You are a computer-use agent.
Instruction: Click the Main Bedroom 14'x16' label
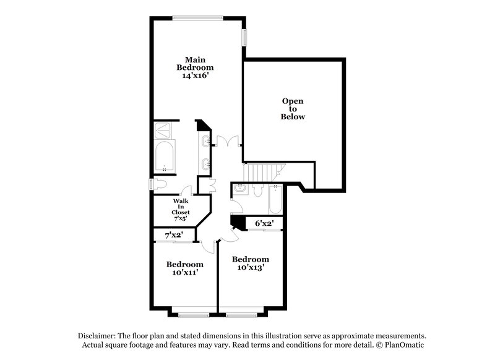(195, 67)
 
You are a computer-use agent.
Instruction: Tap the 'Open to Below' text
(293, 108)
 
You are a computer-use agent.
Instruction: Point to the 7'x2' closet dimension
(174, 236)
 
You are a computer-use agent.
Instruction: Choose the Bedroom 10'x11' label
(185, 268)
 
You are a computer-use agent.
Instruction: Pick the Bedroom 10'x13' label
(250, 263)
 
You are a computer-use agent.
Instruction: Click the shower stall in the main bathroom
(165, 130)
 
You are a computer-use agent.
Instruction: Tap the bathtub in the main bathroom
(165, 155)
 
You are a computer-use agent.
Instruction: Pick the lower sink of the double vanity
(205, 164)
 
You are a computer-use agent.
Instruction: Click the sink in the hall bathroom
(241, 189)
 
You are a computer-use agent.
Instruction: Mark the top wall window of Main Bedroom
(196, 17)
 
